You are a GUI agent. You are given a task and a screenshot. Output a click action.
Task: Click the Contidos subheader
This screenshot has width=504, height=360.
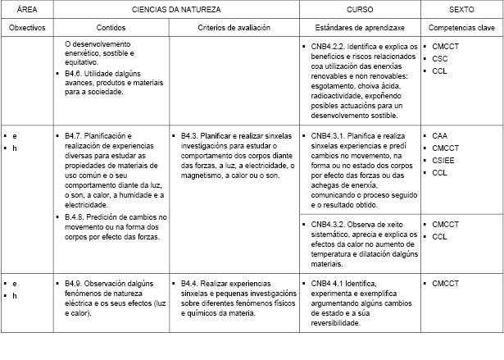point(111,27)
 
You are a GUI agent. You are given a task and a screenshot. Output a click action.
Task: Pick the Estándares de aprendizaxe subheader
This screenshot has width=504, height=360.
point(358,27)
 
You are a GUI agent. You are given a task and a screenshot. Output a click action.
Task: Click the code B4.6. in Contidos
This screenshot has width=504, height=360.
point(75,74)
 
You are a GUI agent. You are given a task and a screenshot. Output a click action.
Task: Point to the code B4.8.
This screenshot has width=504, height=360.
point(75,216)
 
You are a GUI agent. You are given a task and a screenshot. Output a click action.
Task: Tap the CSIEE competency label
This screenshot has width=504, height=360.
point(444,161)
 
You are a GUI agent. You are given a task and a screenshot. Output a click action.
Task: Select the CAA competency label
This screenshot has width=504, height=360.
point(441,135)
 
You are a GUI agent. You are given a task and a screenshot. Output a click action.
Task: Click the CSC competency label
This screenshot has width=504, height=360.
point(441,59)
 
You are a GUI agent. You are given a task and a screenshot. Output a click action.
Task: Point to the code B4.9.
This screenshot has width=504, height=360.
point(75,284)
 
